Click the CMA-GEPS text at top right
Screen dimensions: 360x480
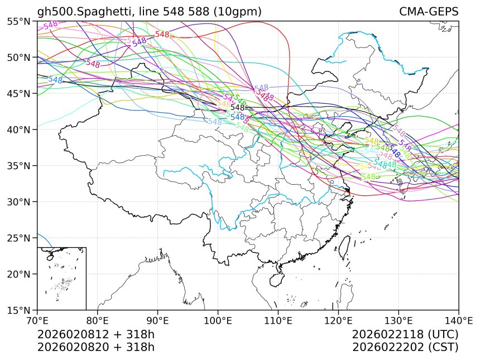tap(429, 12)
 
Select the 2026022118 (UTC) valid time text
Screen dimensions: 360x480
tap(405, 334)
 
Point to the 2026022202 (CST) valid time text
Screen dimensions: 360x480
tap(405, 347)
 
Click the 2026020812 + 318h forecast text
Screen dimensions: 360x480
tap(95, 334)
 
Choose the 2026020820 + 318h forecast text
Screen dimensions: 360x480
tap(95, 347)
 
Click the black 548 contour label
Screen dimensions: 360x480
tap(238, 107)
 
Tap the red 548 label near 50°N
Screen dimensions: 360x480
tap(162, 35)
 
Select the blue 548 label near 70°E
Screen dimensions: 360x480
tap(55, 80)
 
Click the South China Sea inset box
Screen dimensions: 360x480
tap(61, 278)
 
